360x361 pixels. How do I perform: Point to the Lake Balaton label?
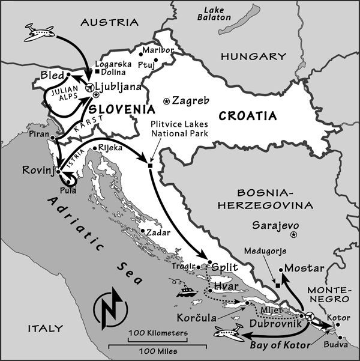pyautogui.click(x=217, y=14)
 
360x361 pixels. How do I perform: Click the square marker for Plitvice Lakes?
pyautogui.click(x=150, y=165)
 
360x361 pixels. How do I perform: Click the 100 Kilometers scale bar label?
pyautogui.click(x=158, y=332)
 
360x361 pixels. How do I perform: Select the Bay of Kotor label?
pyautogui.click(x=280, y=346)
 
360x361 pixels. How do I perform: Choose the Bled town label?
pyautogui.click(x=52, y=75)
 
